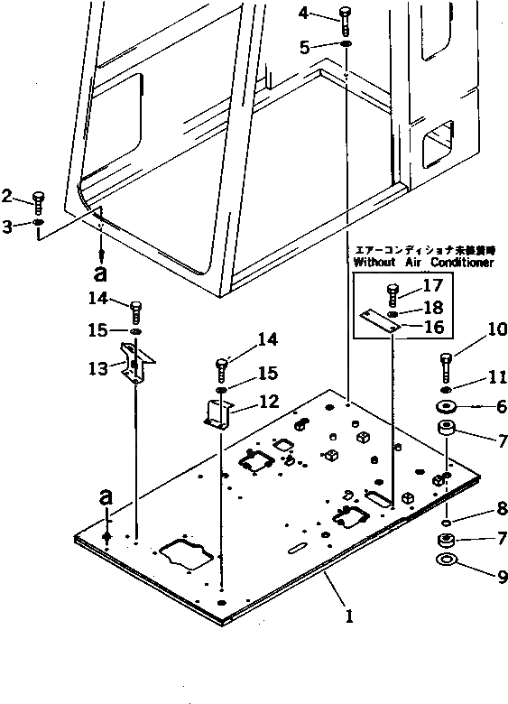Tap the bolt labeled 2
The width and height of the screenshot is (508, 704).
pyautogui.click(x=38, y=201)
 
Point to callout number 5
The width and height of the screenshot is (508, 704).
pyautogui.click(x=305, y=46)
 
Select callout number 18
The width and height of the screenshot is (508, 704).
pyautogui.click(x=433, y=308)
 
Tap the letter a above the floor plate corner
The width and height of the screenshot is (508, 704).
pyautogui.click(x=107, y=496)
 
